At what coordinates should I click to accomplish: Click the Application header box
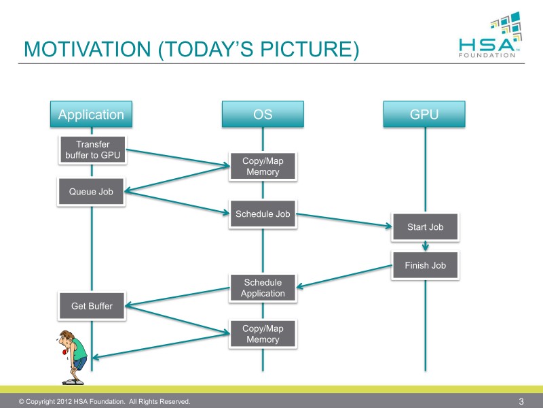pyautogui.click(x=91, y=114)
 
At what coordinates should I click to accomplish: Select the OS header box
pyautogui.click(x=263, y=114)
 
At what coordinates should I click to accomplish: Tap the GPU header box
pyautogui.click(x=424, y=114)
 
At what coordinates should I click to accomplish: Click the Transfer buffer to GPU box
pyautogui.click(x=92, y=150)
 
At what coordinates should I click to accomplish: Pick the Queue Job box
pyautogui.click(x=91, y=192)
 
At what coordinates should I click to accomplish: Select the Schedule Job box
pyautogui.click(x=263, y=214)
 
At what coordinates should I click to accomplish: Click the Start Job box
pyautogui.click(x=426, y=227)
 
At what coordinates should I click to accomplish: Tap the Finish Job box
pyautogui.click(x=426, y=265)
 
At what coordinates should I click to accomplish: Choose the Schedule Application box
pyautogui.click(x=263, y=288)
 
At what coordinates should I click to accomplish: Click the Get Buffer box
pyautogui.click(x=92, y=305)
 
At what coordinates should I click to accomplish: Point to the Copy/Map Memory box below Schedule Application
pyautogui.click(x=263, y=334)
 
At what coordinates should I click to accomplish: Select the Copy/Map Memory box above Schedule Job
pyautogui.click(x=263, y=166)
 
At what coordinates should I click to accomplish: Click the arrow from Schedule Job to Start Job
pyautogui.click(x=344, y=220)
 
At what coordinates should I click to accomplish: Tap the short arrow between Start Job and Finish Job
pyautogui.click(x=426, y=246)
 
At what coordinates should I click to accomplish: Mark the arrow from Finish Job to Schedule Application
pyautogui.click(x=344, y=277)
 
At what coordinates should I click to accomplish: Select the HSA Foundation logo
pyautogui.click(x=489, y=35)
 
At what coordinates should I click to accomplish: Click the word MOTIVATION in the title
pyautogui.click(x=88, y=48)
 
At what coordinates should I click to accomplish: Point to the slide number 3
pyautogui.click(x=521, y=401)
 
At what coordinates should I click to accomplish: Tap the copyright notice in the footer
pyautogui.click(x=105, y=401)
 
